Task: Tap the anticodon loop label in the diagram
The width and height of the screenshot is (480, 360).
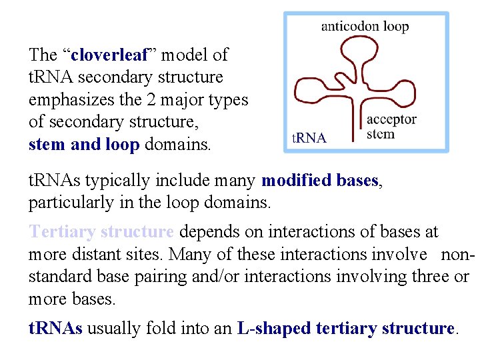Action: coord(365,27)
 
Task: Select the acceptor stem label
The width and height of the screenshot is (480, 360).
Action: coord(391,127)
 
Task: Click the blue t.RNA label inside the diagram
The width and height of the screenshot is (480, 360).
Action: coord(309,139)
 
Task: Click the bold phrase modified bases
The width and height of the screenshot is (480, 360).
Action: coord(320,181)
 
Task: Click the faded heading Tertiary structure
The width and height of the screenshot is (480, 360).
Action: coord(101,232)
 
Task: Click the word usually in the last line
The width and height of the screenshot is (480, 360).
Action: coord(110,328)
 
